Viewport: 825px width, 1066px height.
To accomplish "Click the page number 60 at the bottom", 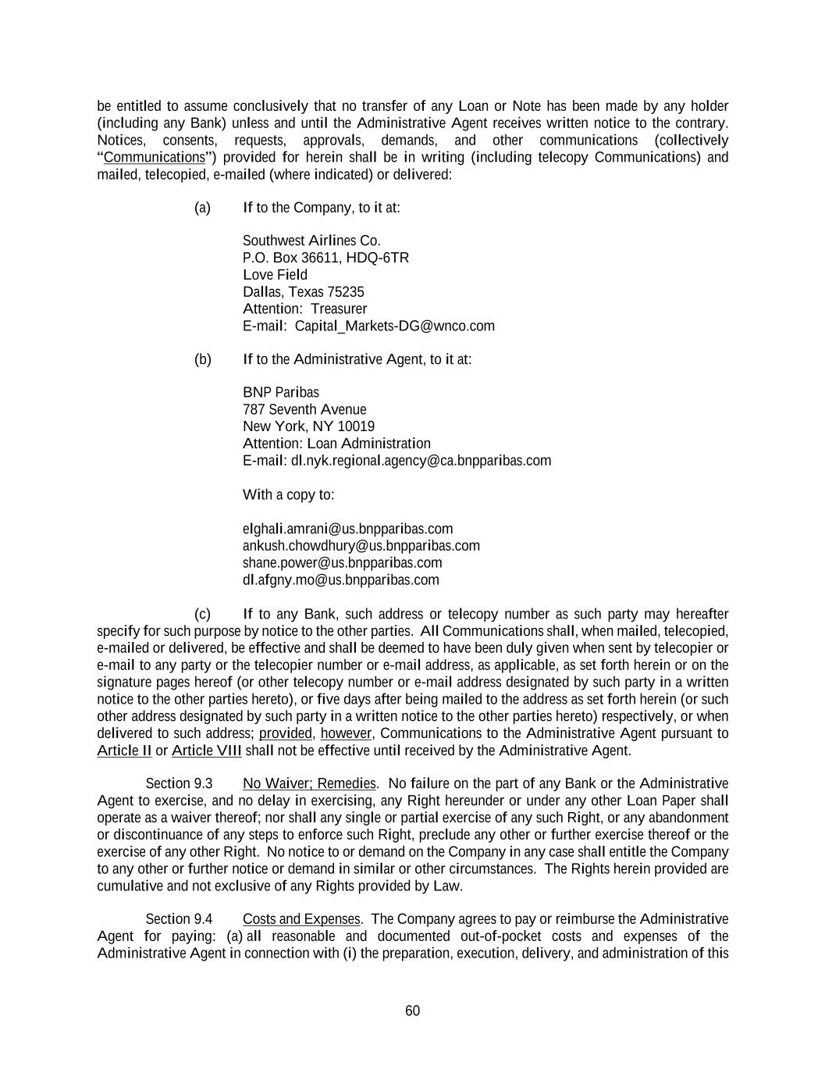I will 412,1011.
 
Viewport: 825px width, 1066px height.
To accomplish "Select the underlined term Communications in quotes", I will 154,158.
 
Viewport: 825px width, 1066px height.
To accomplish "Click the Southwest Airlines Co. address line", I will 311,241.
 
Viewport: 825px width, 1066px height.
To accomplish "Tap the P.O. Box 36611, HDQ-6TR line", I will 325,258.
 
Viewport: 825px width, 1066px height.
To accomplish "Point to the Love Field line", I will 275,275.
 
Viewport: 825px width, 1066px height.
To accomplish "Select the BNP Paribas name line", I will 281,392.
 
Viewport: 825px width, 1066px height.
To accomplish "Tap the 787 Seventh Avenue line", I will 304,409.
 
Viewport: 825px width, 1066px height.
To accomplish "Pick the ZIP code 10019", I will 356,426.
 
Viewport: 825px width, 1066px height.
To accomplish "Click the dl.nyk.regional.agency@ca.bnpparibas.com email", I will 421,460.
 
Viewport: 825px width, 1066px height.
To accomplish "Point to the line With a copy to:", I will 288,494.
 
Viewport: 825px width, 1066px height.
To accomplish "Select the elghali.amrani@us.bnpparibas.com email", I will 347,529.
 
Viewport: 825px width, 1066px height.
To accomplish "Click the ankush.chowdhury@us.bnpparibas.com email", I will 361,545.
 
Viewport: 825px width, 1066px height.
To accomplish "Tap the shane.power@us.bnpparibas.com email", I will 342,562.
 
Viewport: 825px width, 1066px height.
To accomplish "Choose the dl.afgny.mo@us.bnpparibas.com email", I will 340,579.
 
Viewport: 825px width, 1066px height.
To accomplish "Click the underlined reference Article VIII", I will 206,750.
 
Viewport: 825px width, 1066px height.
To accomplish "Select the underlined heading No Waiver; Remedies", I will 309,783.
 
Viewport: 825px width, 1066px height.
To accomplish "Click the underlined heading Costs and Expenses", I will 301,918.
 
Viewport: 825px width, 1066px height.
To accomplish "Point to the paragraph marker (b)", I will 203,359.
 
